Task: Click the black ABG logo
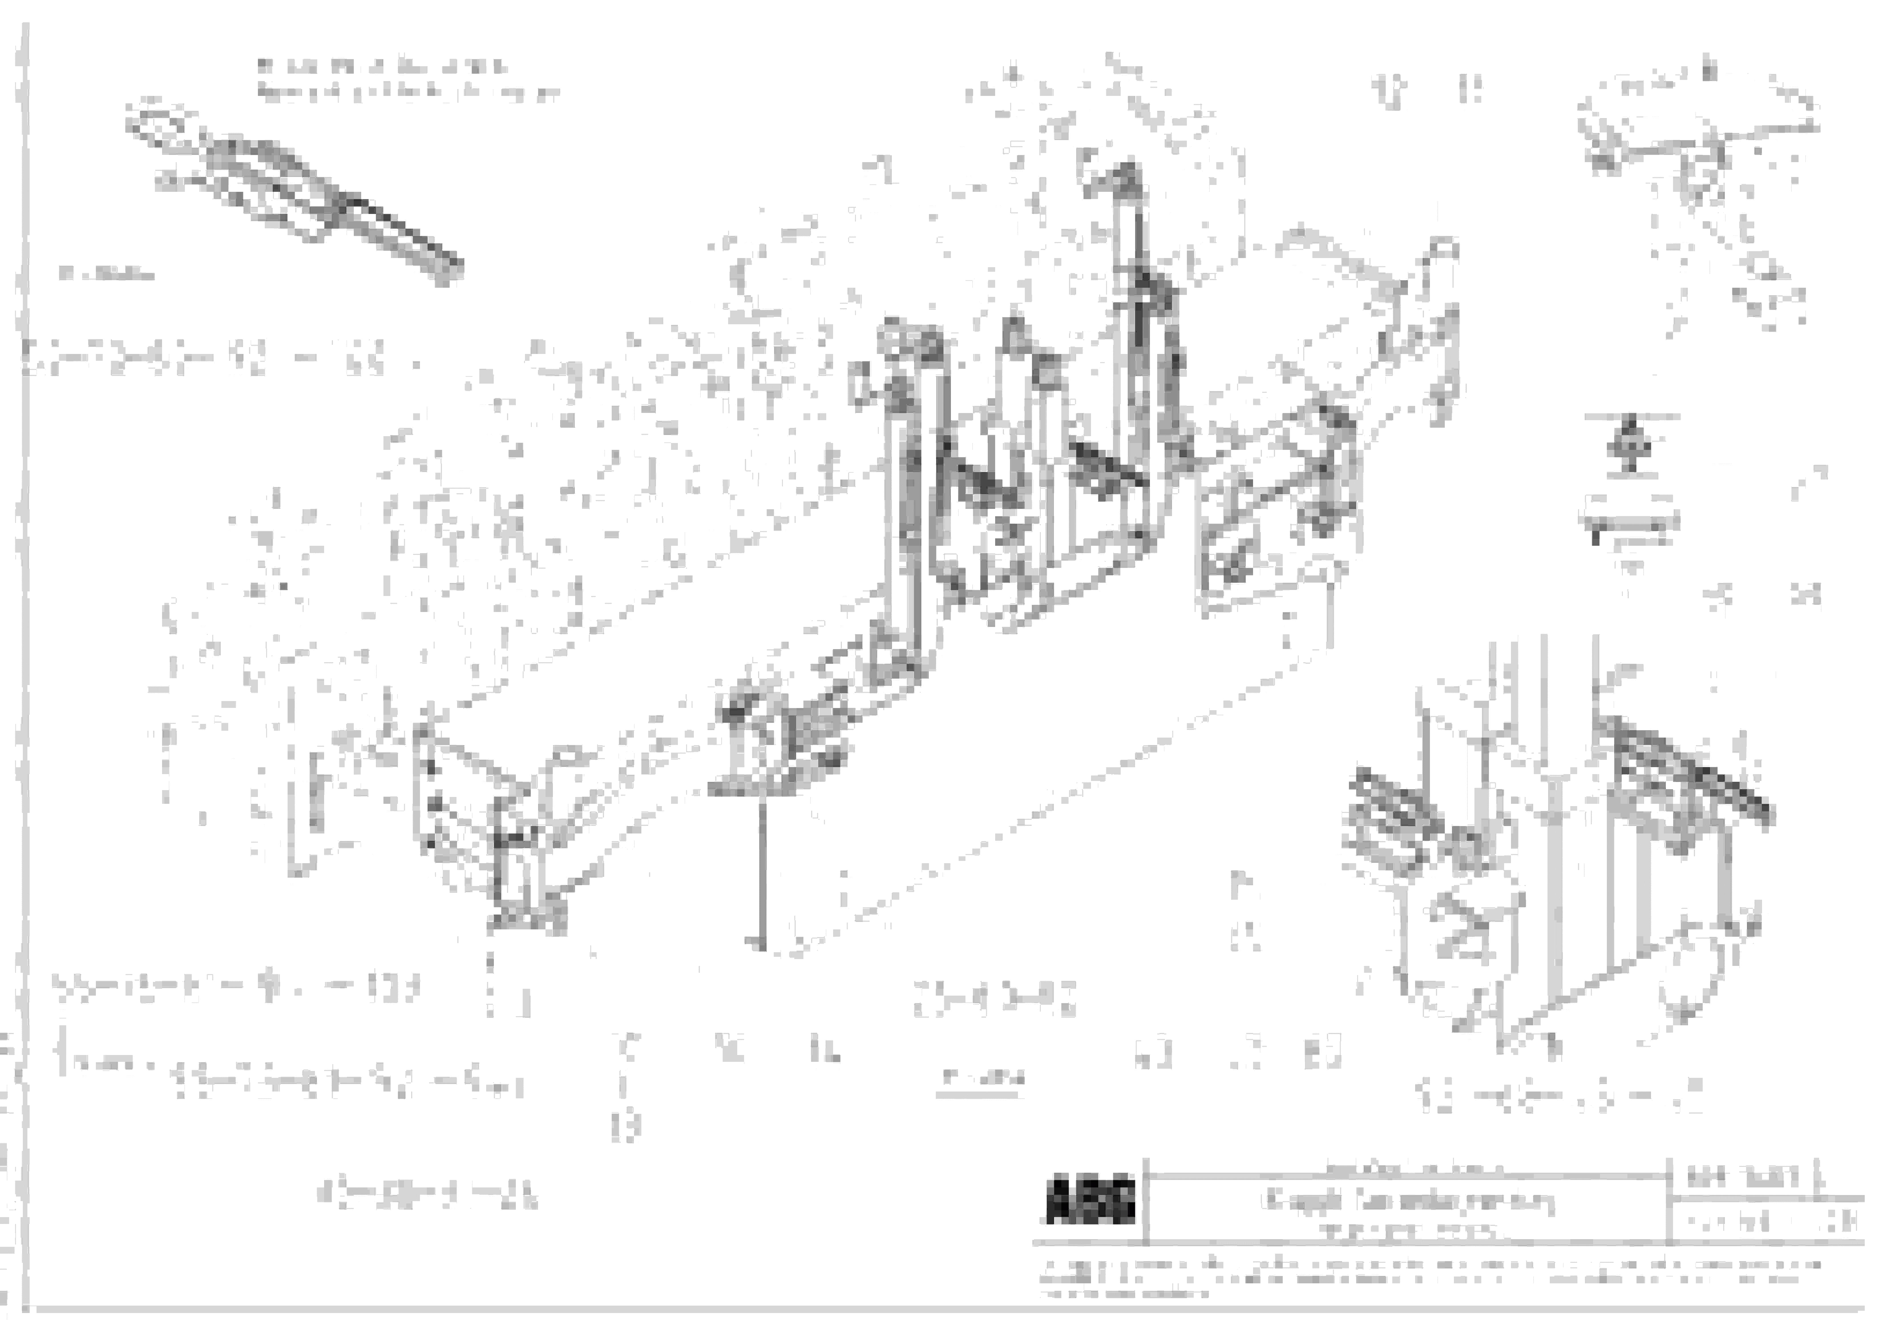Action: pyautogui.click(x=1090, y=1202)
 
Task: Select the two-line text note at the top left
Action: pyautogui.click(x=407, y=80)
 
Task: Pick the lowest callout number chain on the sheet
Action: pyautogui.click(x=427, y=1196)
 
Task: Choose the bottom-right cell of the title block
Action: pyautogui.click(x=1767, y=1223)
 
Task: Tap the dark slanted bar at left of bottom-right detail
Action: pyautogui.click(x=1397, y=806)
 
